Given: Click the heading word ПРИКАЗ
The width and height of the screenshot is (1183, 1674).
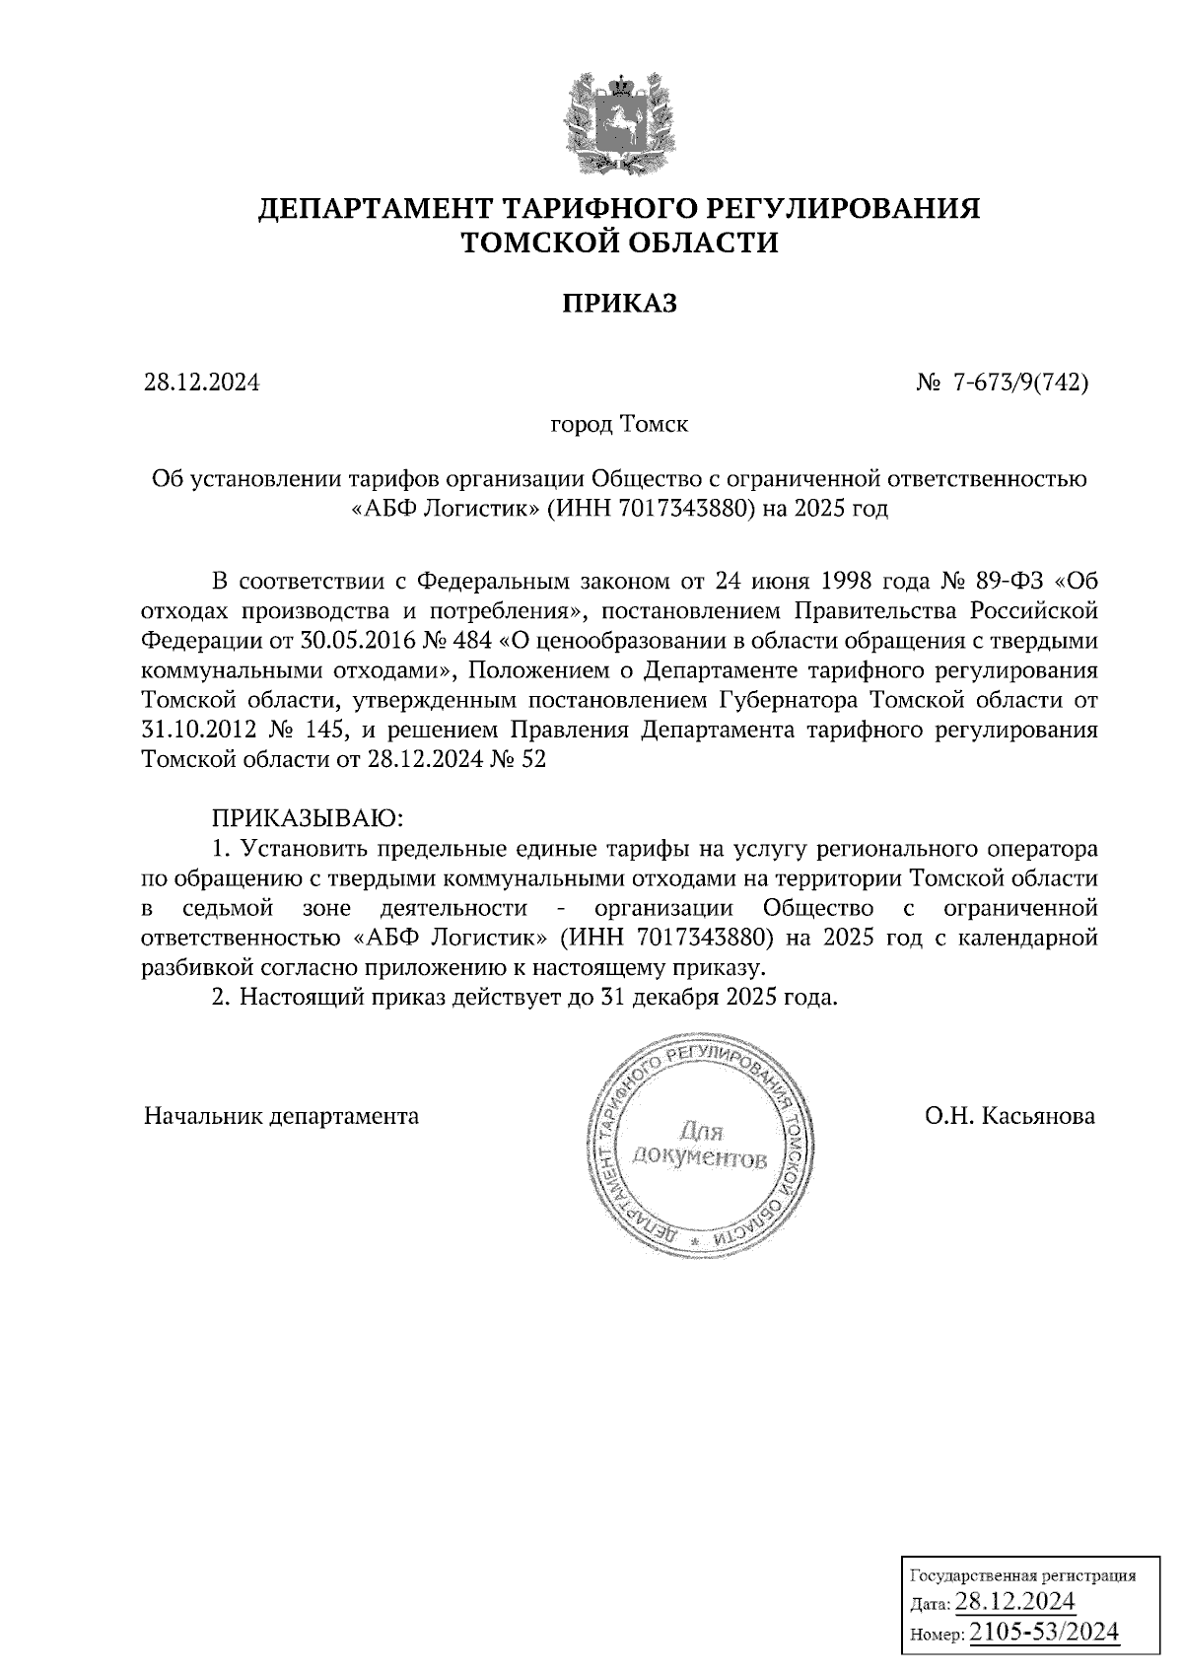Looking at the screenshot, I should (x=620, y=303).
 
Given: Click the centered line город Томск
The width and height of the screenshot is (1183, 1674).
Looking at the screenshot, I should (x=619, y=425).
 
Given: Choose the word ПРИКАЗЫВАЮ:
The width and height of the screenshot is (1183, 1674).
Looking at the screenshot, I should (x=308, y=818).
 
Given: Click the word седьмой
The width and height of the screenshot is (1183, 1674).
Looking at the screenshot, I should (x=228, y=907).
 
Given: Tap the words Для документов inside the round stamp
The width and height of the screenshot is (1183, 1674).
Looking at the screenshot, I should (x=699, y=1144).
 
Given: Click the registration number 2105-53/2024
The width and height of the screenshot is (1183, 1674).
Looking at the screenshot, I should (x=1045, y=1633).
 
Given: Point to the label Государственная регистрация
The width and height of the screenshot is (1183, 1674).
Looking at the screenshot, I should (x=1021, y=1575).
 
